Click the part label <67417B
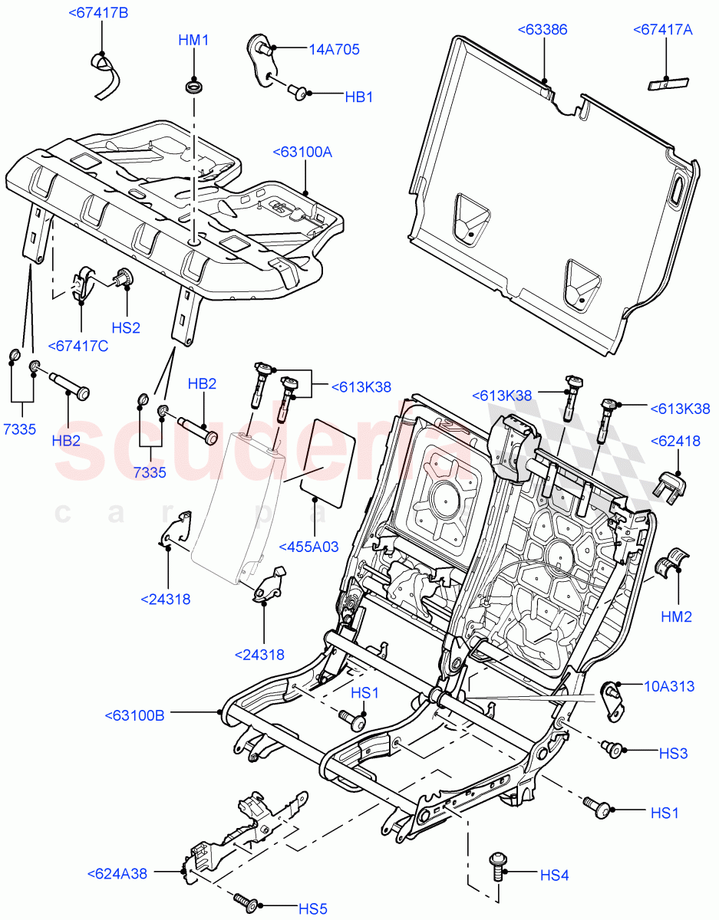[98, 13]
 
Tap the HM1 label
[193, 41]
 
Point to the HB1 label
[358, 97]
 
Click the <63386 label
[543, 30]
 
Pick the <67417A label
[663, 30]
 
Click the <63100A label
[302, 153]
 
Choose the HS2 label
[126, 327]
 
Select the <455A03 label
[308, 547]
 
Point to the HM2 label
[677, 616]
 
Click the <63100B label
[134, 715]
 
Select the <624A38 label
[117, 872]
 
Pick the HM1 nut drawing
[193, 86]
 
